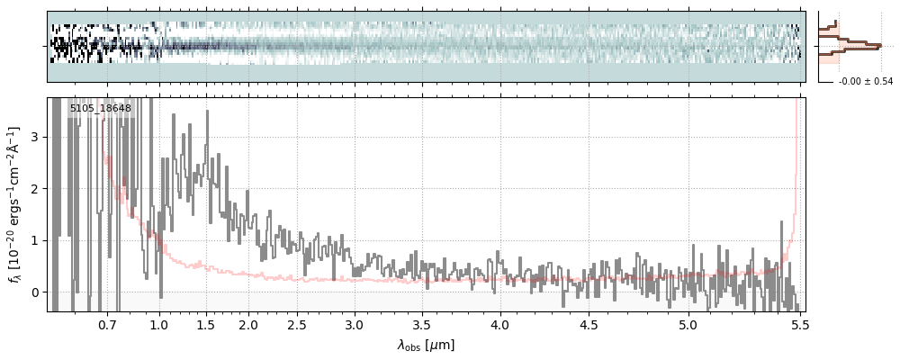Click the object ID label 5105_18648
[x=101, y=109]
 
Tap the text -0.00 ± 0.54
[x=865, y=82]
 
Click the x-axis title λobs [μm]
[x=426, y=345]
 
